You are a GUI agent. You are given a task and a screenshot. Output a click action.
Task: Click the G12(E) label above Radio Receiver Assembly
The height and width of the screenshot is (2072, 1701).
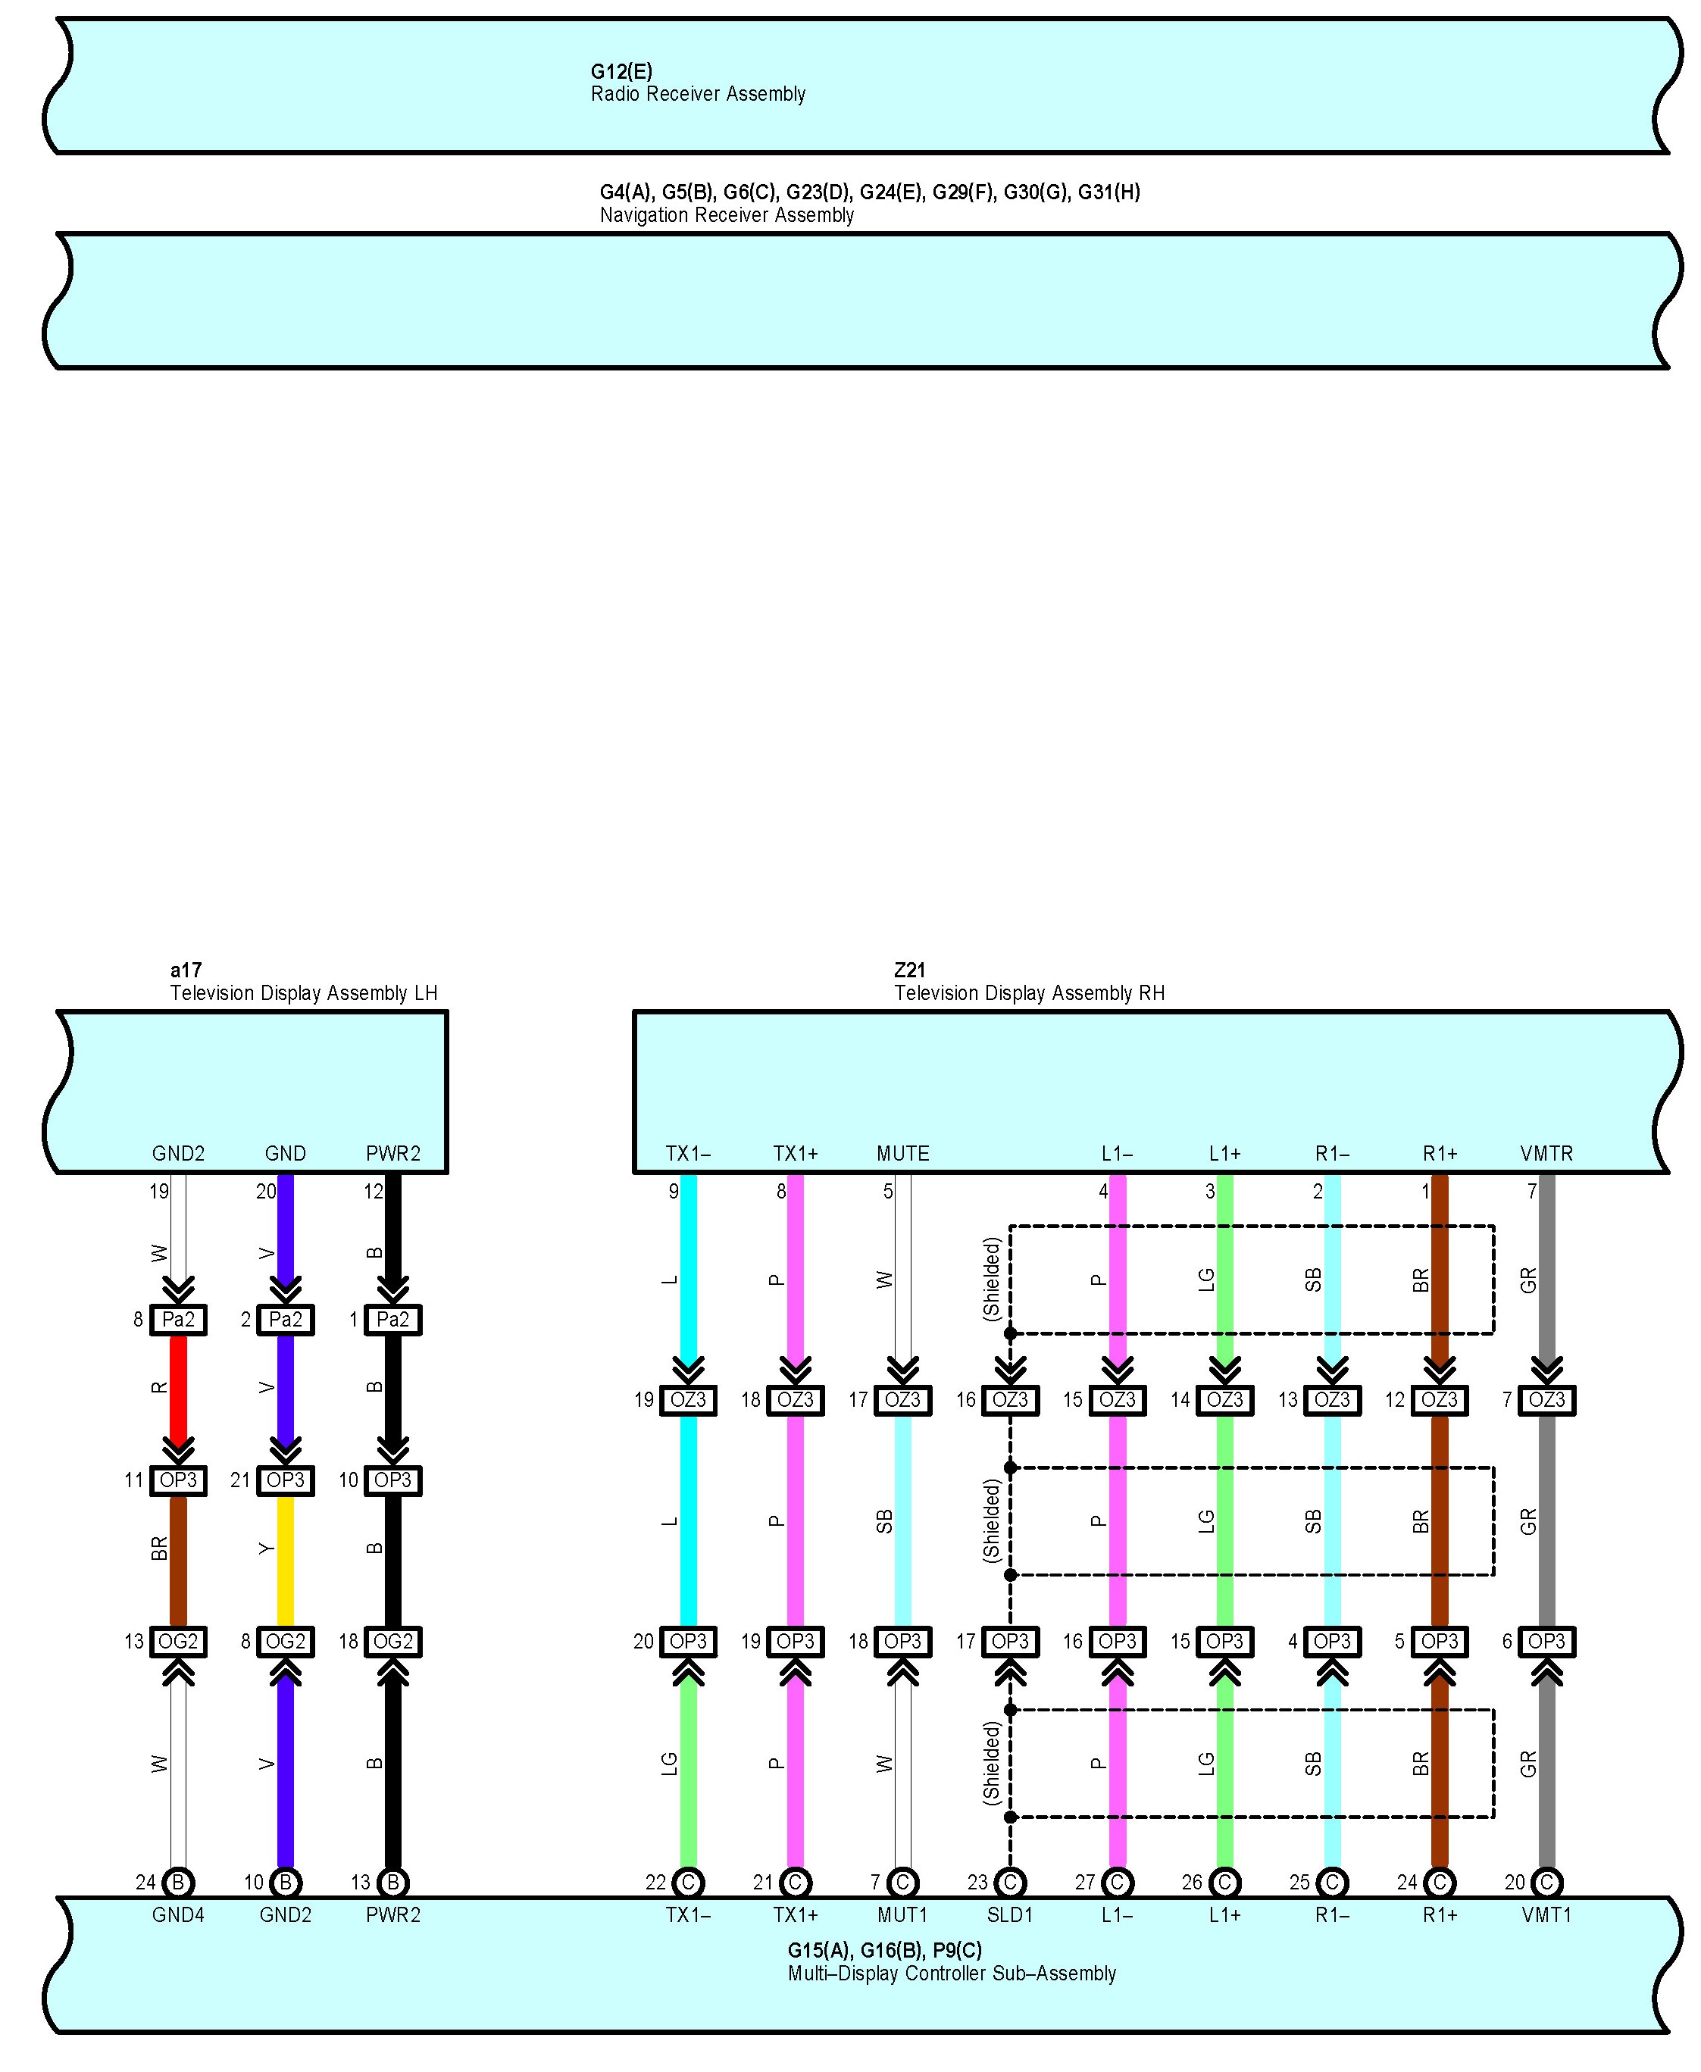pos(621,71)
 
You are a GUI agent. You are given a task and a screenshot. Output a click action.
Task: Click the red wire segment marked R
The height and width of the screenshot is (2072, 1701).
pos(178,1387)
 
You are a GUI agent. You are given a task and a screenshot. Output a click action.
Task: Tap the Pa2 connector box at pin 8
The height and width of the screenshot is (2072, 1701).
pos(178,1320)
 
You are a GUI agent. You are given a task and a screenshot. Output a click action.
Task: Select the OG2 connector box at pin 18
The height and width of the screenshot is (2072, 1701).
pos(393,1641)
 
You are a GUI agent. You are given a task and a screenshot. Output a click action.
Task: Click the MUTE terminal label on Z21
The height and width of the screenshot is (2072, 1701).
pos(902,1153)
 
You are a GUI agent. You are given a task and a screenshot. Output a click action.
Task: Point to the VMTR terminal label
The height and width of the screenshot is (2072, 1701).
pos(1546,1153)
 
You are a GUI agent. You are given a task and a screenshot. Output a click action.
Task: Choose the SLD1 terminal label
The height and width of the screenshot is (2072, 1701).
pos(1009,1914)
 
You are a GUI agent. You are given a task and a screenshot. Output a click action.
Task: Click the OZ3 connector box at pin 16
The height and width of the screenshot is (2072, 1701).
pos(1009,1400)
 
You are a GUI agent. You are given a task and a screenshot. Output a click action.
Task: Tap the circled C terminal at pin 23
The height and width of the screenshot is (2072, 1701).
pos(1009,1882)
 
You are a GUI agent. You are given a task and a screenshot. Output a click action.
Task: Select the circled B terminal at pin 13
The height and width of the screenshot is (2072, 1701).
pos(393,1882)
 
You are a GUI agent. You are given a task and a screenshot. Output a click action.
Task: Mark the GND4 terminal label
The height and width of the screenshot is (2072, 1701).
pos(178,1914)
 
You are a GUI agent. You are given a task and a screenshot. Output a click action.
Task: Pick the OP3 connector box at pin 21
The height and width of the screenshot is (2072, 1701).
pos(285,1480)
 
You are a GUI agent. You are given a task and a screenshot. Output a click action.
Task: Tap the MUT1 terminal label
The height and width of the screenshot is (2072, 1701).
pos(902,1914)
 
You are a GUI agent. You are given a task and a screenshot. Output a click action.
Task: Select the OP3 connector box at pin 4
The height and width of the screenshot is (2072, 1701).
pos(1331,1641)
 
